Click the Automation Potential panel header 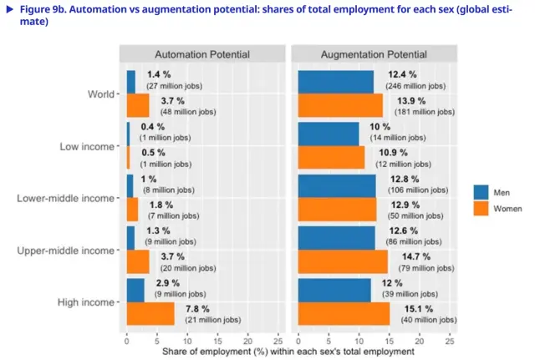pos(202,54)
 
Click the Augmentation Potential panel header pos(373,54)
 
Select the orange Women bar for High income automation pos(150,313)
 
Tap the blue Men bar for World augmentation pos(336,82)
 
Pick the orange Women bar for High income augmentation pos(344,313)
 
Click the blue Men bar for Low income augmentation pos(329,134)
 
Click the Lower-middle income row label pos(67,198)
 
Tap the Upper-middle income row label pos(67,251)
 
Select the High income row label pos(87,302)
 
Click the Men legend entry pos(505,190)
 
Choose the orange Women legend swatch pos(481,206)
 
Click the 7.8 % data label pos(197,308)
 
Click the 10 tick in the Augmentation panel pos(359,341)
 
